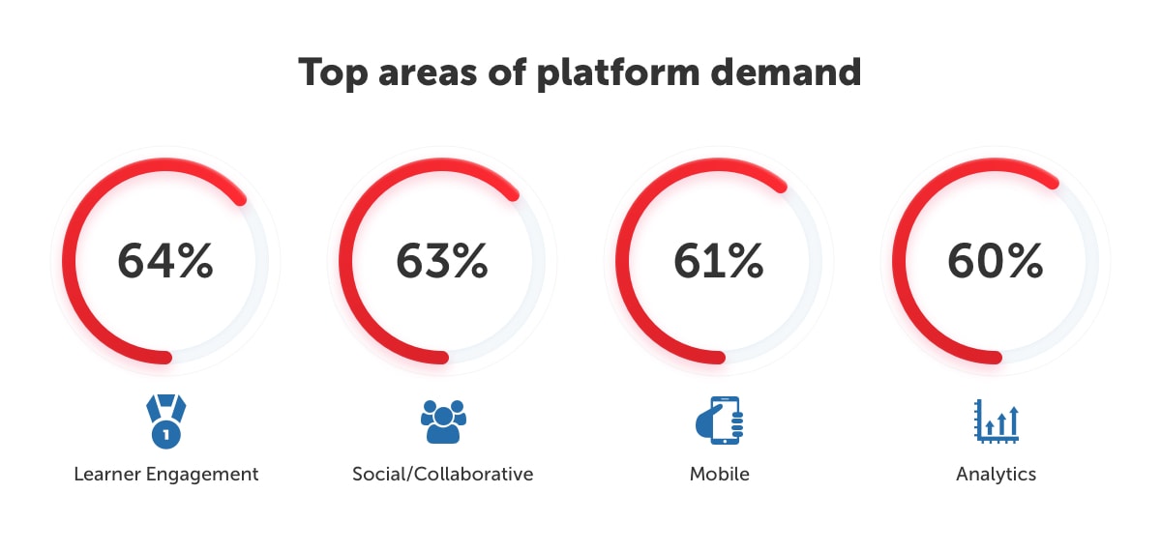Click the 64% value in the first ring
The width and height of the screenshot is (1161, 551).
pyautogui.click(x=165, y=261)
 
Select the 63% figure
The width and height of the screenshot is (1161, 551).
pyautogui.click(x=442, y=261)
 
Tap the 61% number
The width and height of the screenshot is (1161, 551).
pyautogui.click(x=719, y=261)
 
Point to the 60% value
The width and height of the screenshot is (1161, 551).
pyautogui.click(x=996, y=261)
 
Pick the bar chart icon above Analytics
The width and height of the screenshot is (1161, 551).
pyautogui.click(x=997, y=421)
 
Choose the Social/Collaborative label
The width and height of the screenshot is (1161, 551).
pyautogui.click(x=442, y=475)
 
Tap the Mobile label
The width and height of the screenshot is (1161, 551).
pyautogui.click(x=719, y=475)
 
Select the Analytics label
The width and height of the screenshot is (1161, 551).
pyautogui.click(x=996, y=475)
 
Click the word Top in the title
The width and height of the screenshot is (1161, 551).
pyautogui.click(x=334, y=73)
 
